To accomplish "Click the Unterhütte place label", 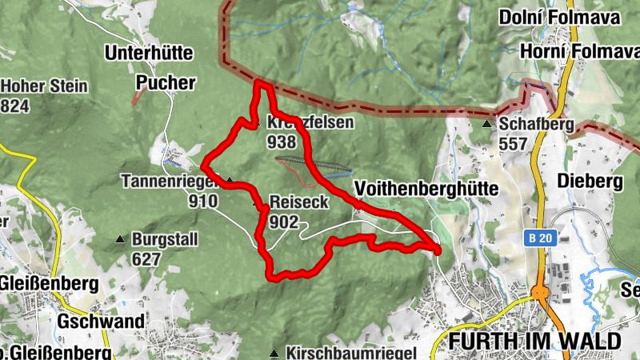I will [149, 54].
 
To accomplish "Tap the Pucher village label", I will [166, 82].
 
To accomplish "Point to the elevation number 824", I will [15, 106].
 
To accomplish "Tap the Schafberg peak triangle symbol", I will [486, 124].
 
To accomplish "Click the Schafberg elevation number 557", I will [514, 144].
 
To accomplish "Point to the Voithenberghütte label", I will [426, 189].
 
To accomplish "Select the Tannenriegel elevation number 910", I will [202, 201].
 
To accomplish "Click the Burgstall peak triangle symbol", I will [120, 238].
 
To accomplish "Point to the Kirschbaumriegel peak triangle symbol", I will [274, 353].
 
